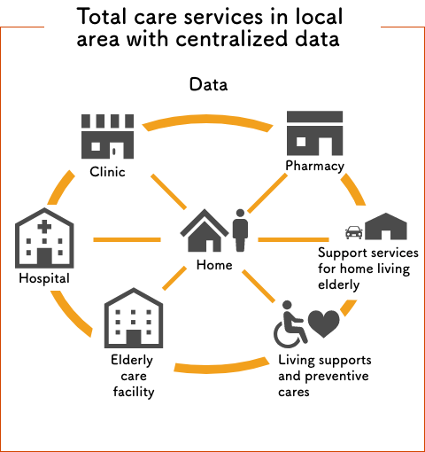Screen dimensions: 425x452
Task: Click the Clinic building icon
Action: pyautogui.click(x=107, y=136)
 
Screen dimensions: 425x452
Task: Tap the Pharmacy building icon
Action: pyautogui.click(x=314, y=133)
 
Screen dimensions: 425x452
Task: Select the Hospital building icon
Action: pyautogui.click(x=44, y=238)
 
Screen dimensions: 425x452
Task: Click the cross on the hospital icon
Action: pyautogui.click(x=44, y=227)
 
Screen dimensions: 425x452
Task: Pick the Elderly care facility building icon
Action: pyautogui.click(x=134, y=318)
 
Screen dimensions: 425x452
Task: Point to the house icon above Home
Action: pyautogui.click(x=205, y=230)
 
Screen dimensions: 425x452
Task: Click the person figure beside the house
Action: pyautogui.click(x=240, y=230)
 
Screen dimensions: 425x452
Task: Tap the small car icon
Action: pyautogui.click(x=354, y=232)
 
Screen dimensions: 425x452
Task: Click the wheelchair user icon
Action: pyautogui.click(x=290, y=324)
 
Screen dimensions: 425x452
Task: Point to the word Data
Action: pyautogui.click(x=208, y=84)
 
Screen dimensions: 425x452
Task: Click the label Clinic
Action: pyautogui.click(x=107, y=172)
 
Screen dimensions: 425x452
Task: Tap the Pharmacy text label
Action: pyautogui.click(x=314, y=166)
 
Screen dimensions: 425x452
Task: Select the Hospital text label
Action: pyautogui.click(x=44, y=278)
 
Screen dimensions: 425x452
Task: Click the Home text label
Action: pyautogui.click(x=214, y=265)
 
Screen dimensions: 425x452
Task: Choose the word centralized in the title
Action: pyautogui.click(x=231, y=39)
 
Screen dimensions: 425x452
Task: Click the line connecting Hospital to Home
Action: pyautogui.click(x=127, y=239)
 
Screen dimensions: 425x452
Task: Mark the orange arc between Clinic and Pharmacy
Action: pyautogui.click(x=207, y=121)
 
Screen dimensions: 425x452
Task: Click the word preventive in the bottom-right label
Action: pyautogui.click(x=336, y=377)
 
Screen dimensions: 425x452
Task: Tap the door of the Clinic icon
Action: pyautogui.click(x=114, y=151)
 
